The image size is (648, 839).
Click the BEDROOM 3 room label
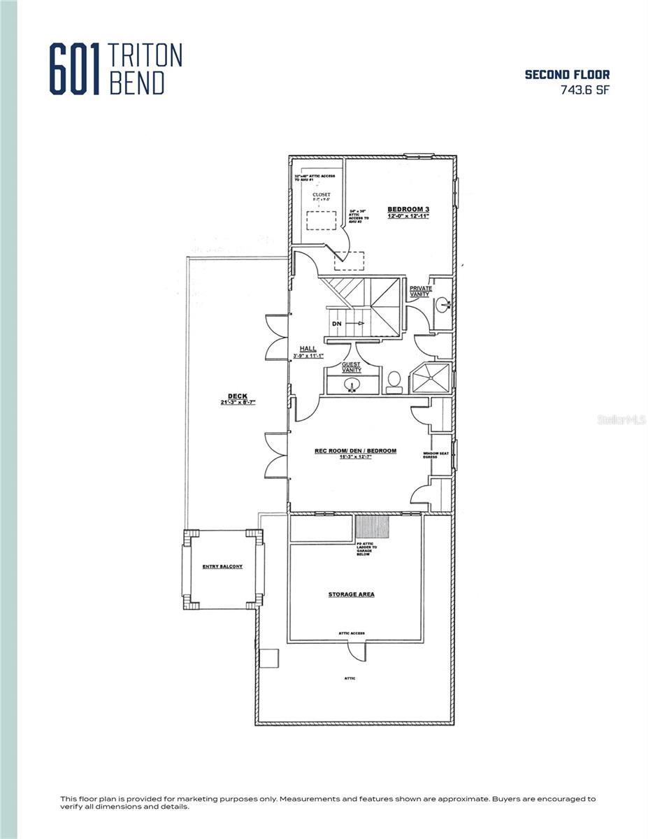(x=408, y=209)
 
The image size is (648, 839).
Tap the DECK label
(x=233, y=396)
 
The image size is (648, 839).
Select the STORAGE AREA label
(x=351, y=594)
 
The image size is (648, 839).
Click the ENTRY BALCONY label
(x=222, y=566)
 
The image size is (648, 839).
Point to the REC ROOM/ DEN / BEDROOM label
(x=355, y=451)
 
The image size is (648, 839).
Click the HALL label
(x=308, y=348)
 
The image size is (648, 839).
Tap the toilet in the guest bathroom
(x=394, y=380)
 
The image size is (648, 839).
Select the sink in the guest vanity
(x=352, y=383)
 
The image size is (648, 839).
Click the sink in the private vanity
(x=442, y=305)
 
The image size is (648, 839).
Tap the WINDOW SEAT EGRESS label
(x=431, y=455)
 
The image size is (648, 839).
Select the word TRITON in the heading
(x=146, y=55)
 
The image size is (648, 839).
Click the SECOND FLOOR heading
(x=567, y=75)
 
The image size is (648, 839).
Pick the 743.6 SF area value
(x=584, y=89)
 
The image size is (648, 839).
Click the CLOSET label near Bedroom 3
(x=322, y=194)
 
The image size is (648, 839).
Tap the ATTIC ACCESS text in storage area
(x=351, y=633)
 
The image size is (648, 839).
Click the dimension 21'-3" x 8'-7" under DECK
(x=233, y=403)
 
